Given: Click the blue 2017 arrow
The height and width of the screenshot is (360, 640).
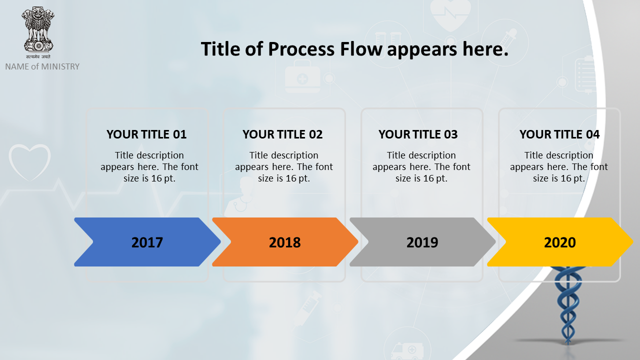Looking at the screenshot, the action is (147, 242).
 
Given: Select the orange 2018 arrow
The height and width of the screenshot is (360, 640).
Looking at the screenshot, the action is (285, 242).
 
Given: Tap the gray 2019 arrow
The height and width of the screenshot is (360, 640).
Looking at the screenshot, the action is (422, 242).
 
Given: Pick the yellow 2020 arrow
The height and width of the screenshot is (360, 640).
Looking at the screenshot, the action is (560, 242).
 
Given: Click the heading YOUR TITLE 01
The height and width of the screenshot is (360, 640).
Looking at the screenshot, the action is (146, 134).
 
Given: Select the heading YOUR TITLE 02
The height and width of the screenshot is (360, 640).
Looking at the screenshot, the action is (282, 134).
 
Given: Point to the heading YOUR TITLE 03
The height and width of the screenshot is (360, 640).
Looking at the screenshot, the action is (418, 134).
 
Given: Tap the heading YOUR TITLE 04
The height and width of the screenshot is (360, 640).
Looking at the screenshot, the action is (559, 134).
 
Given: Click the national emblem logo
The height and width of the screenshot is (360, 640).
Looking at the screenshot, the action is (38, 32).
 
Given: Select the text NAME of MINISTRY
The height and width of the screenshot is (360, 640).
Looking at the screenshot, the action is (42, 66).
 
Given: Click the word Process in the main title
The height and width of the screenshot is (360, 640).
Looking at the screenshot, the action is (301, 49).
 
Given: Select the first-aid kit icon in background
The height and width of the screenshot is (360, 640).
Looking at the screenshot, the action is (302, 76).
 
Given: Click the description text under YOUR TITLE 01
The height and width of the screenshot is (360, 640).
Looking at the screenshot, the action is (149, 167).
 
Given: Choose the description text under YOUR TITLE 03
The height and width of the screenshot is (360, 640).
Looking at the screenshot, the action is (421, 167).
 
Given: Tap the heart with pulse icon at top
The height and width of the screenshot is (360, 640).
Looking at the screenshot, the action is (450, 15).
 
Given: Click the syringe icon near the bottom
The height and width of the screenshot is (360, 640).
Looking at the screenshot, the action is (307, 308).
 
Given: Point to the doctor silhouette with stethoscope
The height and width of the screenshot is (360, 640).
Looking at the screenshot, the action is (240, 197).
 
